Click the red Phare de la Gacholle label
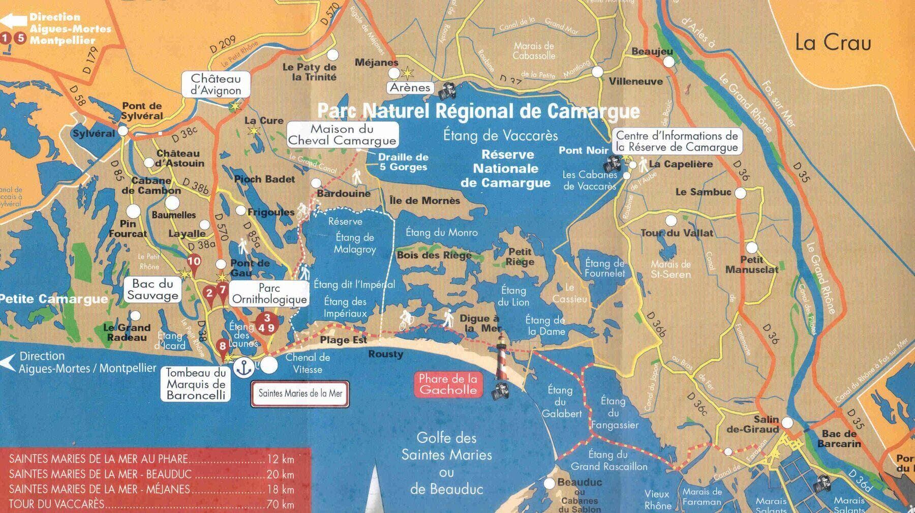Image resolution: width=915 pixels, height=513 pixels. pyautogui.click(x=448, y=384)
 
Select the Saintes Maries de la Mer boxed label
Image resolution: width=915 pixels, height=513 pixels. pyautogui.click(x=300, y=394)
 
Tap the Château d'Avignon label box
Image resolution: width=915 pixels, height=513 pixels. pyautogui.click(x=216, y=84)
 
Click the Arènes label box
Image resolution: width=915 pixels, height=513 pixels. pyautogui.click(x=410, y=87)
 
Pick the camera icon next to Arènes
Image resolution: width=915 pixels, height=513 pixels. pyautogui.click(x=447, y=92)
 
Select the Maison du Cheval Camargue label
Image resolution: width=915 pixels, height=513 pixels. pyautogui.click(x=342, y=135)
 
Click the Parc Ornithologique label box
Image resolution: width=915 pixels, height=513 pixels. pyautogui.click(x=269, y=294)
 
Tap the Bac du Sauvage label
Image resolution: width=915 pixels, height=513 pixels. pyautogui.click(x=153, y=290)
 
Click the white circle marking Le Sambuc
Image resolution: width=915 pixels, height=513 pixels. pyautogui.click(x=740, y=193)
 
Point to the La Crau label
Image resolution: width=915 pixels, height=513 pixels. pyautogui.click(x=833, y=43)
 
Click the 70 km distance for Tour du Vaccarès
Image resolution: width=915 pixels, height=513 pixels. pyautogui.click(x=280, y=504)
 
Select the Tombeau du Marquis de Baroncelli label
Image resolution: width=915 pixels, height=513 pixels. pyautogui.click(x=196, y=384)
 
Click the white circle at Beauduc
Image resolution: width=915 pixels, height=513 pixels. pyautogui.click(x=549, y=483)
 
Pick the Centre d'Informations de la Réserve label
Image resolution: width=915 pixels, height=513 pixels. pyautogui.click(x=677, y=141)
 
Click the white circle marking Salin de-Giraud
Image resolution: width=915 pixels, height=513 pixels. pyautogui.click(x=787, y=423)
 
